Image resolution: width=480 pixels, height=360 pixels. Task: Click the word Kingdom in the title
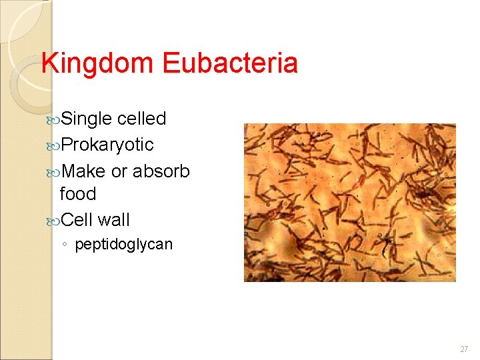tap(99, 64)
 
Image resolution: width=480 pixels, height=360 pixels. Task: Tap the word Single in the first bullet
tap(86, 119)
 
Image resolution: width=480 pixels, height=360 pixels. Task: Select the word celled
tap(141, 119)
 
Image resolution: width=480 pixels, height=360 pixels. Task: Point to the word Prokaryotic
tap(107, 145)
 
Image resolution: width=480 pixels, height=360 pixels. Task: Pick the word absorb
tap(161, 171)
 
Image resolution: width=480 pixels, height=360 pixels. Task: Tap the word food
tap(78, 194)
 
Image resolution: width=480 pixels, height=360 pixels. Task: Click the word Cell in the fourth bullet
tap(77, 219)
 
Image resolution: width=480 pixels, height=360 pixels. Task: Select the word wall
tap(114, 219)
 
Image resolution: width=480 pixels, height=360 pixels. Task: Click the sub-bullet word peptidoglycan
tap(123, 245)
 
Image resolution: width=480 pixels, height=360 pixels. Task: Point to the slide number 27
tap(464, 349)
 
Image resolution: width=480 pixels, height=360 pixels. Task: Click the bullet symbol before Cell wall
tap(53, 221)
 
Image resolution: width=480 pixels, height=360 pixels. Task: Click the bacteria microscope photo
tap(349, 202)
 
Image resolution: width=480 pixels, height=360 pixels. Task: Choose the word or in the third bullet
tap(119, 172)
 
